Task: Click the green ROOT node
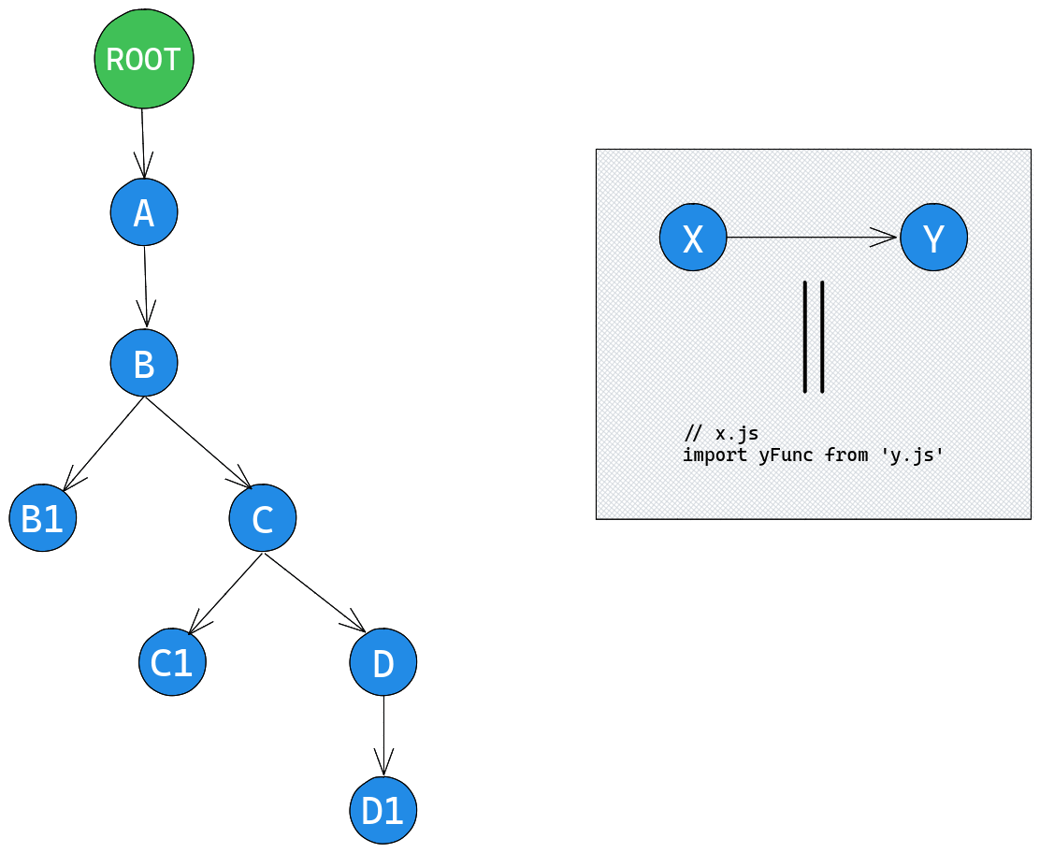pos(144,59)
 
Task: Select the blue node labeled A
pos(144,213)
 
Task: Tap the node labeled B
pos(144,363)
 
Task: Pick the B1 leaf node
pos(43,517)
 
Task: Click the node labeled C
pos(263,517)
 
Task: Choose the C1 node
pos(172,662)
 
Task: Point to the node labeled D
pos(383,662)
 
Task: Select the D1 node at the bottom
pos(383,810)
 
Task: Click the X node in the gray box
pos(693,238)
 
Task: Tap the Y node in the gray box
pos(933,238)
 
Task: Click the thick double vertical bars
pos(814,336)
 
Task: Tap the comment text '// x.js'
pos(721,434)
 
